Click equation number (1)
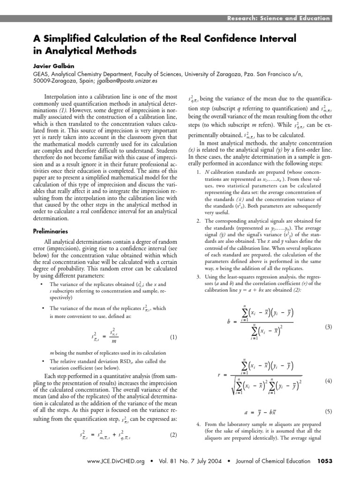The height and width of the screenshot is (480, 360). tap(173, 337)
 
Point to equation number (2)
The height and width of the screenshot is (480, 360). tap(173, 435)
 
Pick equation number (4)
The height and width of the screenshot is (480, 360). tap(328, 381)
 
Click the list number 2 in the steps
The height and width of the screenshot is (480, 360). tap(198, 221)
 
